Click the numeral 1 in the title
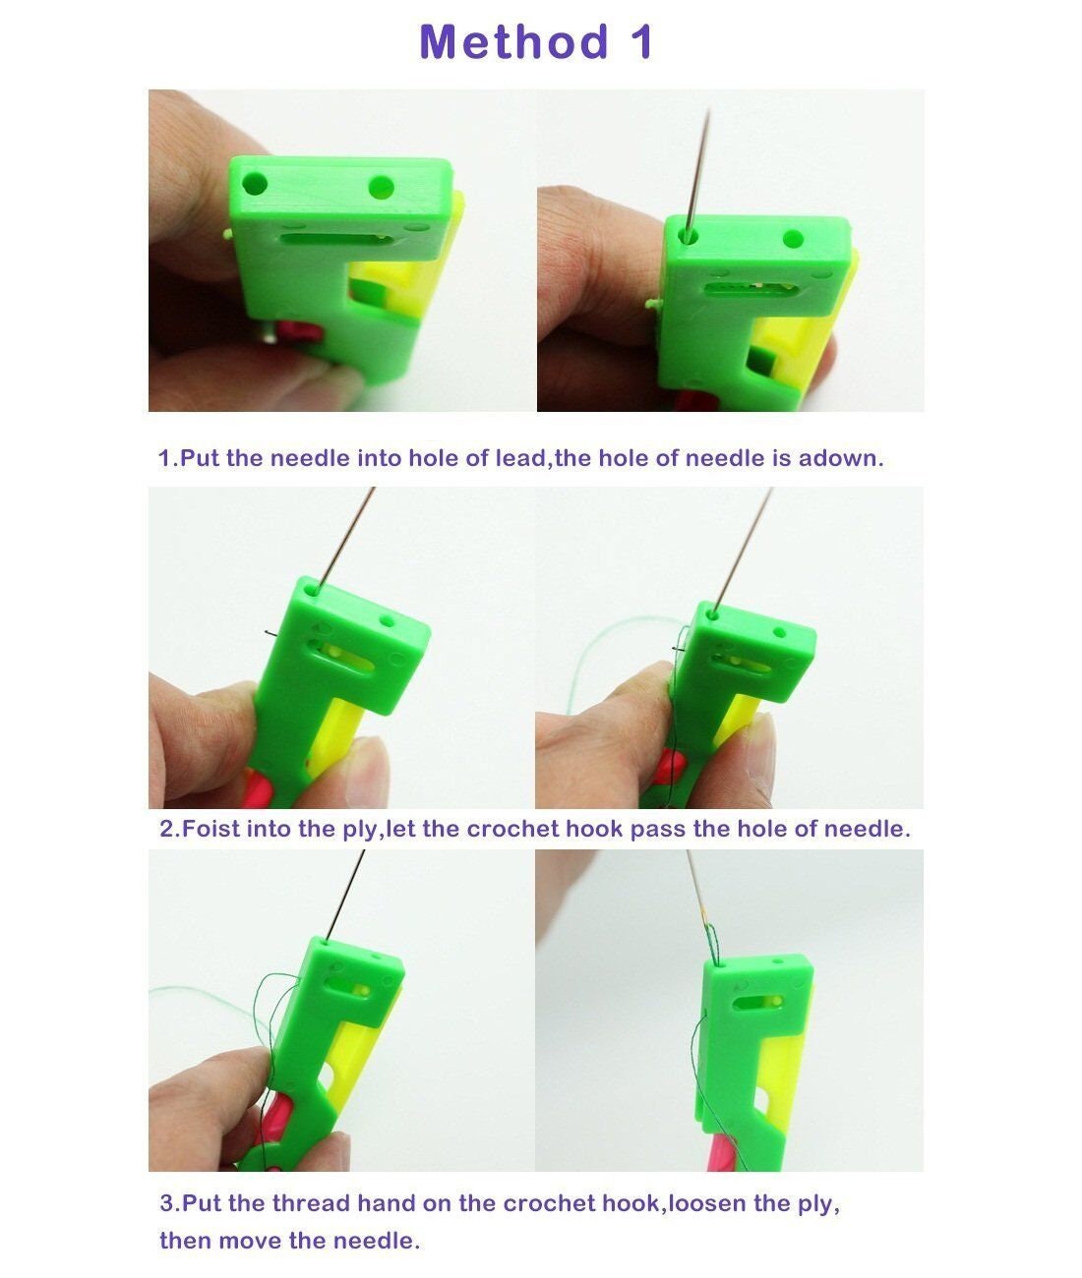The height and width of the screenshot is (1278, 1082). point(640,43)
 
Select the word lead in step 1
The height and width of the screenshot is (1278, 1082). point(522,458)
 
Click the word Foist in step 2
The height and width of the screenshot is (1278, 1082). point(210,829)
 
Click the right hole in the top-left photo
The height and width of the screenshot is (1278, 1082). point(381,186)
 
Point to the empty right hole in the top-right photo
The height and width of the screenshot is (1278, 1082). point(793,238)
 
